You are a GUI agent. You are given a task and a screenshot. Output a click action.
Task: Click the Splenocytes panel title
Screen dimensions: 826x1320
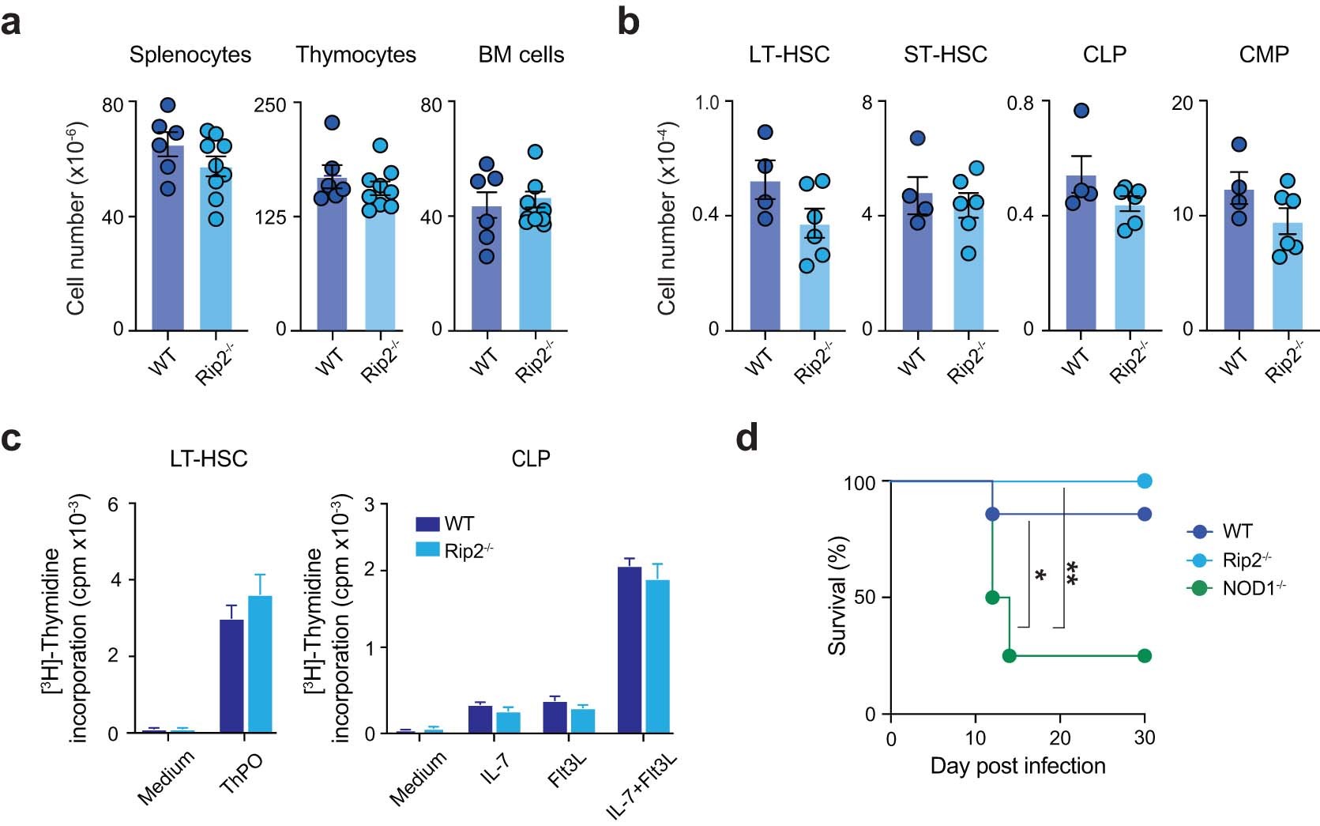click(190, 55)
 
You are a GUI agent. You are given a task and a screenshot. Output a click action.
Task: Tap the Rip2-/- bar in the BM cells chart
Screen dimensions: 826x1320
click(535, 269)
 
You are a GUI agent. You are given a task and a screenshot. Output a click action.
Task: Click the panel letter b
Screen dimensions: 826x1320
click(628, 22)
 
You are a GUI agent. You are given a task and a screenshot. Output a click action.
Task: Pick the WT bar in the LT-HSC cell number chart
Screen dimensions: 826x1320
click(765, 261)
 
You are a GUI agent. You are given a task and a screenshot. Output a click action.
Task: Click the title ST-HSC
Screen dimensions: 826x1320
click(945, 55)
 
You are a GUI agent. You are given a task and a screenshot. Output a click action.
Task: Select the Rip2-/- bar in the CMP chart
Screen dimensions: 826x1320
click(1287, 281)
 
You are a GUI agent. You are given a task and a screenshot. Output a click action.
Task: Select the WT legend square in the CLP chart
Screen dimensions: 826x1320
click(427, 524)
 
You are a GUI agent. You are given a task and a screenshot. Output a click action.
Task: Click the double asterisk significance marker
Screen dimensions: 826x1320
click(1072, 573)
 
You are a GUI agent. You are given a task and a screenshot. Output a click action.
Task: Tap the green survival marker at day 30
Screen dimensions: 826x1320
click(1144, 655)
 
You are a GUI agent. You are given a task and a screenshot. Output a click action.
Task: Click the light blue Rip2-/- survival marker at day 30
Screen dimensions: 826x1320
click(1144, 481)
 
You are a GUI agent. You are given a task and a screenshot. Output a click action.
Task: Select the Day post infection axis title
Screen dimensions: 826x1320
click(1017, 766)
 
